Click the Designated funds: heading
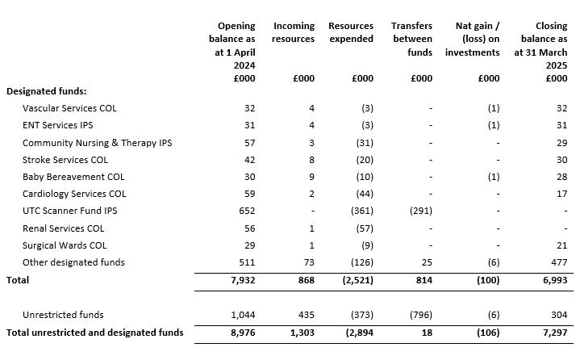click(46, 91)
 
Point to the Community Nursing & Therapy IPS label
click(97, 143)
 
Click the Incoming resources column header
click(293, 32)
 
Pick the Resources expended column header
click(351, 32)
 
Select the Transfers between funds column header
click(411, 39)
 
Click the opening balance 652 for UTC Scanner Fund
click(246, 211)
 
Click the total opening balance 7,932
click(241, 280)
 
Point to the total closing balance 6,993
click(552, 280)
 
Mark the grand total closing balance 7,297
click(552, 333)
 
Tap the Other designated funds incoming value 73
click(308, 262)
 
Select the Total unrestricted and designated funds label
click(94, 333)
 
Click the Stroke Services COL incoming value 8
click(311, 160)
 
